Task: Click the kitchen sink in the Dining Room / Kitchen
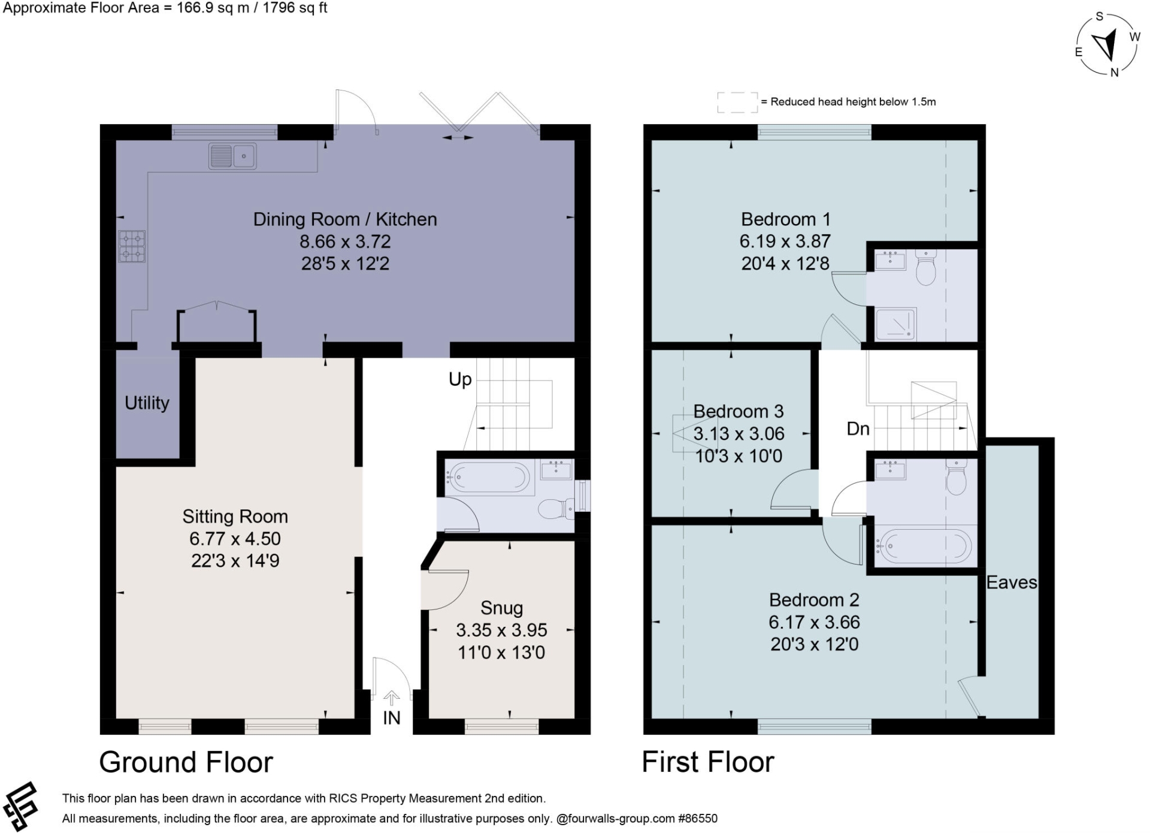[x=232, y=156]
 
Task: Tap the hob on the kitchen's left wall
[x=132, y=246]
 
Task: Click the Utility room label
[x=147, y=403]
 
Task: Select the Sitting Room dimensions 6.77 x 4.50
[x=235, y=539]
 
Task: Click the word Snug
[x=501, y=608]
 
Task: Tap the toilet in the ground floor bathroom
[x=554, y=509]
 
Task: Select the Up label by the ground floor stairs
[x=460, y=379]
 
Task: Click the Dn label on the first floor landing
[x=858, y=428]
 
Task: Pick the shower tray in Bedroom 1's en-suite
[x=896, y=324]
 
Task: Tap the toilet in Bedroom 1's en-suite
[x=926, y=268]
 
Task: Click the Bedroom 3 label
[x=738, y=412]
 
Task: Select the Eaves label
[x=1012, y=583]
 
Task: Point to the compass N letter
[x=1114, y=73]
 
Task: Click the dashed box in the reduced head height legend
[x=737, y=102]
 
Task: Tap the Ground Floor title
[x=186, y=762]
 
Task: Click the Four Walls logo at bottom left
[x=20, y=806]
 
